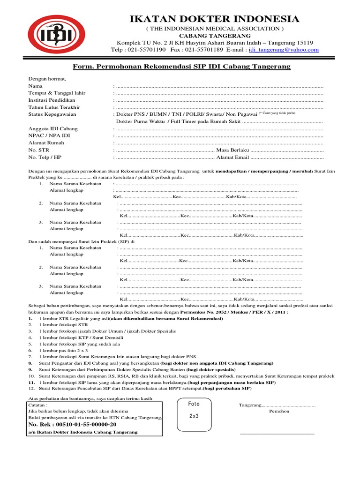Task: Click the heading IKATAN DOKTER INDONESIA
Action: [x=214, y=19]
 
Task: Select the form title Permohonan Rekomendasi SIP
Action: [x=181, y=67]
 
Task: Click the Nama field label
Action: [x=35, y=86]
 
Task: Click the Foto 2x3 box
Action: [x=194, y=410]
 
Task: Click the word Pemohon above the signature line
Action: [x=279, y=411]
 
